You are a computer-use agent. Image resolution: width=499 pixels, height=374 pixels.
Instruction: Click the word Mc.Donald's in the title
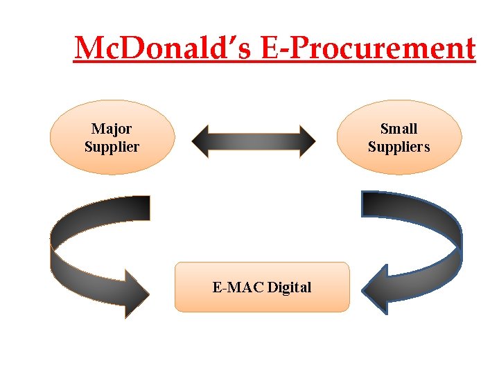(166, 48)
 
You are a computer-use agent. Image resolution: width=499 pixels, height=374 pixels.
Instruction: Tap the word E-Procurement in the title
(370, 48)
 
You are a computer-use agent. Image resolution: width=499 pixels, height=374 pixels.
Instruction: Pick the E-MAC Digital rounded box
(262, 287)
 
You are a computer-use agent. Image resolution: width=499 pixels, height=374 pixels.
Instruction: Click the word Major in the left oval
(112, 129)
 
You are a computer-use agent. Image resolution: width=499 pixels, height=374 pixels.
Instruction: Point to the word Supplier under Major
(112, 147)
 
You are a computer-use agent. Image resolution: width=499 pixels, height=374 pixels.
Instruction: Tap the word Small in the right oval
(399, 129)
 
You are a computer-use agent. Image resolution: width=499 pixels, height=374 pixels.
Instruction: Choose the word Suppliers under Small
(399, 147)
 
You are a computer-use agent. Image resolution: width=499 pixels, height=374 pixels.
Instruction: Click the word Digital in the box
(289, 287)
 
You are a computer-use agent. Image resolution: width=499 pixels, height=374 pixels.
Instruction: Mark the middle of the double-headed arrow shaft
(254, 141)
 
